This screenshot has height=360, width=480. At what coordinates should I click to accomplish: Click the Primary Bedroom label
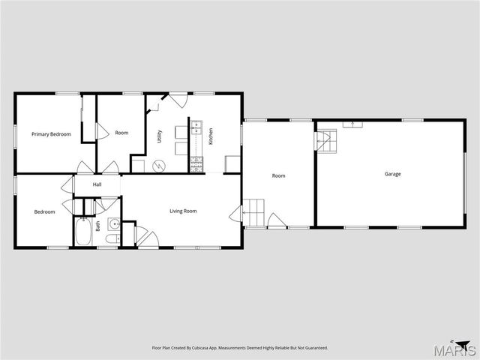(x=51, y=134)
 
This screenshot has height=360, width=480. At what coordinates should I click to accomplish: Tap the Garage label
(x=393, y=174)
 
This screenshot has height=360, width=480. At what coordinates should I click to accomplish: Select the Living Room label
(x=183, y=211)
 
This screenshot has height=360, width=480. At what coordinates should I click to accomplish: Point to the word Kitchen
(x=211, y=136)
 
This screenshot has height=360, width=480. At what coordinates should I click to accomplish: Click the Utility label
(x=159, y=136)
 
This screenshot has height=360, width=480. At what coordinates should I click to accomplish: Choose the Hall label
(x=97, y=184)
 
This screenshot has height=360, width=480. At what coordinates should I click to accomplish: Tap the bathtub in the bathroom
(x=82, y=232)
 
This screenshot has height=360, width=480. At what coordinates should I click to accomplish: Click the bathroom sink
(x=113, y=223)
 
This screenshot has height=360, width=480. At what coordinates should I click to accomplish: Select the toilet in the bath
(x=111, y=239)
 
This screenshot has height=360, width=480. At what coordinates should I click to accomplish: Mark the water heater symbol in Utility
(x=158, y=165)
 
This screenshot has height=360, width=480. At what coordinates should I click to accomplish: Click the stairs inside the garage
(x=325, y=139)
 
